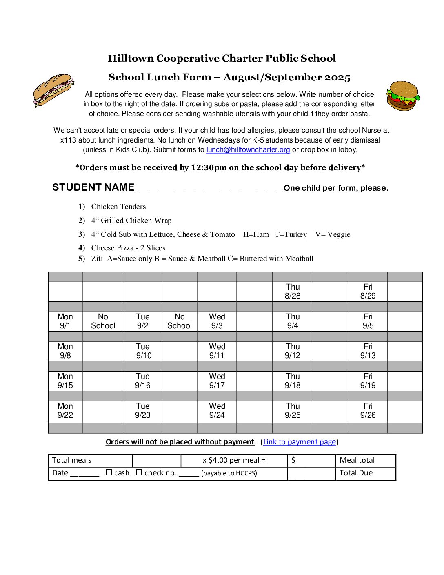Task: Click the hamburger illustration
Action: pyautogui.click(x=403, y=96)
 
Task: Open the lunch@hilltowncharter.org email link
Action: pyautogui.click(x=248, y=149)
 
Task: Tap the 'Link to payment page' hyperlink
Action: pyautogui.click(x=300, y=442)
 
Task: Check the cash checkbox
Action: pyautogui.click(x=109, y=472)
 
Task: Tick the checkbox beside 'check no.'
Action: pyautogui.click(x=139, y=472)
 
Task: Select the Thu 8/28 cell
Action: pyautogui.click(x=293, y=292)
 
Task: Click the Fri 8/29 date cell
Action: pyautogui.click(x=368, y=292)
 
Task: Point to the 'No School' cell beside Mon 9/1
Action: pyautogui.click(x=103, y=321)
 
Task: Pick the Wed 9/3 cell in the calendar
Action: pyautogui.click(x=217, y=321)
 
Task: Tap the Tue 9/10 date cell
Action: pyautogui.click(x=143, y=351)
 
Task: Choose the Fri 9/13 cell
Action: pyautogui.click(x=368, y=351)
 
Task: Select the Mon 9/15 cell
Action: pyautogui.click(x=65, y=381)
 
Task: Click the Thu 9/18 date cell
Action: pyautogui.click(x=293, y=381)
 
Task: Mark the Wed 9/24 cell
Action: pyautogui.click(x=217, y=411)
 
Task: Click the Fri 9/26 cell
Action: pyautogui.click(x=368, y=411)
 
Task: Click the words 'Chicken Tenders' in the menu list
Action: pyautogui.click(x=118, y=207)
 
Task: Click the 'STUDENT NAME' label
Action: pyautogui.click(x=93, y=187)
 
